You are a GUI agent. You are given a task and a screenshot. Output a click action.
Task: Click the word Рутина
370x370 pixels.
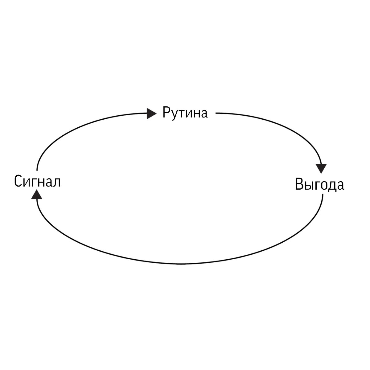click(185, 113)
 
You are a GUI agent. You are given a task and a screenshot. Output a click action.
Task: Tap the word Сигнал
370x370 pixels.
click(37, 181)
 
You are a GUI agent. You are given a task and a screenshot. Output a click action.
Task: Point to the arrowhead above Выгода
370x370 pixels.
click(322, 168)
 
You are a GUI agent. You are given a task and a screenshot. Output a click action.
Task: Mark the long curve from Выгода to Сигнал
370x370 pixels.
click(182, 264)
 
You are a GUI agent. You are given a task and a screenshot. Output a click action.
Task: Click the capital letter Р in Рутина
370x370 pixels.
click(166, 113)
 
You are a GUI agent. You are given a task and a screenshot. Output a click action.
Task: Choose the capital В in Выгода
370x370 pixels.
click(299, 184)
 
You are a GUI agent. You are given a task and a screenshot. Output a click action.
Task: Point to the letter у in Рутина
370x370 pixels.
click(174, 115)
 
